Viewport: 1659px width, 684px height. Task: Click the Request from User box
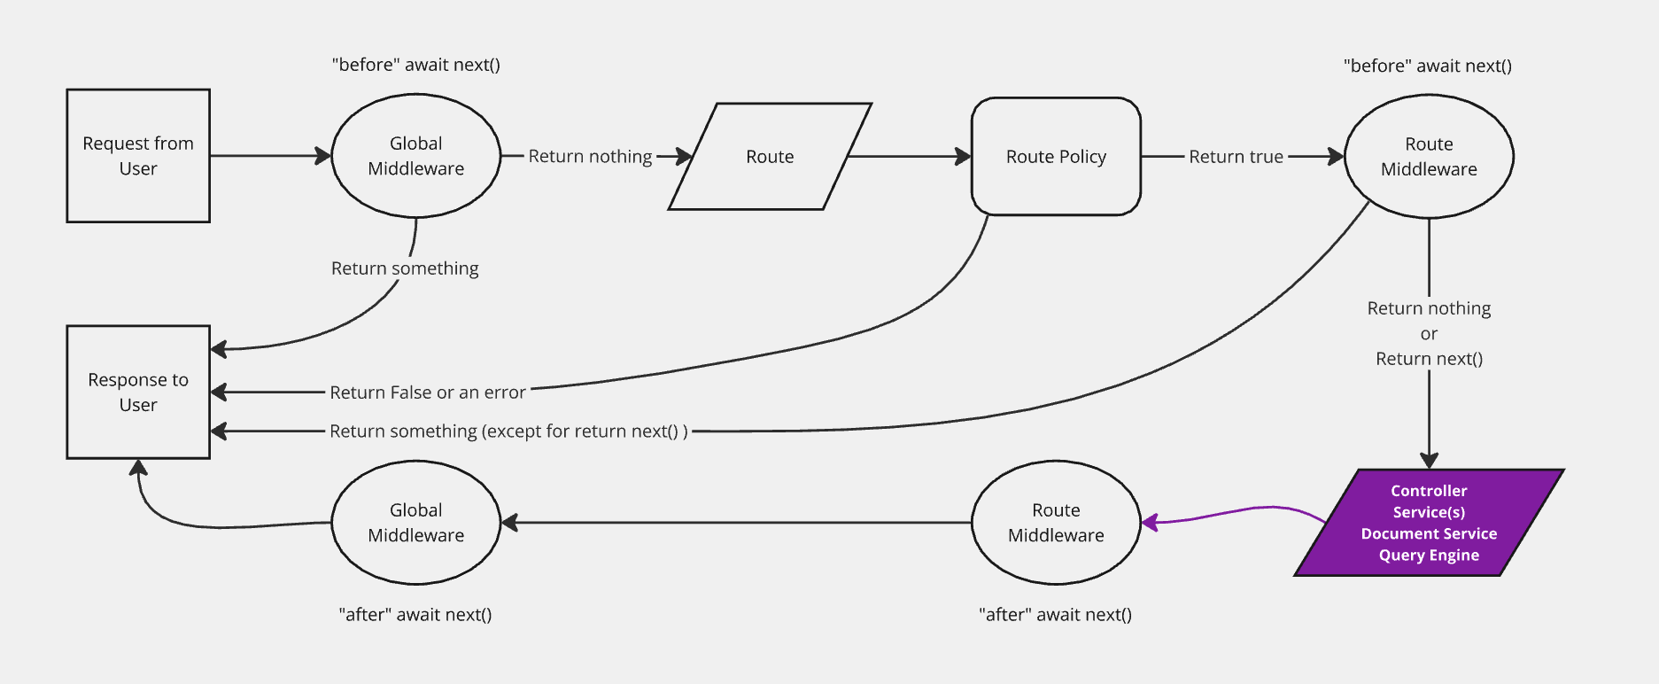pos(138,156)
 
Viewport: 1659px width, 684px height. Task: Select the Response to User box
pos(138,392)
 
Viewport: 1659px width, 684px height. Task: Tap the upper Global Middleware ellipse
pos(415,156)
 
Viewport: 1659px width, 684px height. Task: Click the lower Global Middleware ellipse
pos(415,523)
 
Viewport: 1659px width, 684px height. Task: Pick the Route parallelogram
pos(770,157)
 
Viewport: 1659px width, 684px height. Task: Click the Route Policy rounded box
pos(1056,157)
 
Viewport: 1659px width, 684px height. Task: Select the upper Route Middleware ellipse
pos(1429,157)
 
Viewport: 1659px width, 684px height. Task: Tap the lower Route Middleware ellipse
pos(1056,523)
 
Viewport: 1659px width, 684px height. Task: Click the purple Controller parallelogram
pos(1429,523)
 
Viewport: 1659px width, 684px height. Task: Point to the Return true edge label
pos(1236,157)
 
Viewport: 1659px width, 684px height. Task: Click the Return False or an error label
pos(428,393)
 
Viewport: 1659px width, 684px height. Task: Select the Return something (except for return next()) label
pos(508,431)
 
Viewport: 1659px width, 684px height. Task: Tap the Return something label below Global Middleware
pos(405,268)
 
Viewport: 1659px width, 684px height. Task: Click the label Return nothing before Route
pos(590,157)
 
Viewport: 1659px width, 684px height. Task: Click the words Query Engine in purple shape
pos(1429,556)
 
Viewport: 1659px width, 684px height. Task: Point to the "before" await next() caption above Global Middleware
pos(415,65)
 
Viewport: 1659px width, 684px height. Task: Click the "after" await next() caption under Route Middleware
pos(1055,615)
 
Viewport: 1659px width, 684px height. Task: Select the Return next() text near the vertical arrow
pos(1429,359)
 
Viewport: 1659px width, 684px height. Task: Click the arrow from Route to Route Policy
pos(908,157)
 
